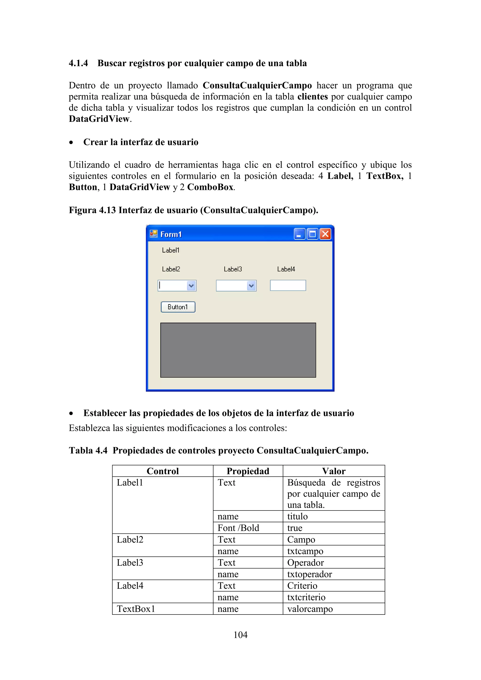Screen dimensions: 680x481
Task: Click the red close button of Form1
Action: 325,234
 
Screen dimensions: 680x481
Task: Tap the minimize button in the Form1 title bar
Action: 299,234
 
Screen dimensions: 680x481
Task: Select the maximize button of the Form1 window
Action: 312,234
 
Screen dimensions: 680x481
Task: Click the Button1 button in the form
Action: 178,307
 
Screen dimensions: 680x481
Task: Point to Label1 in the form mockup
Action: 171,250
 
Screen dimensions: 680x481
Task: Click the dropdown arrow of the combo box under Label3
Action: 252,286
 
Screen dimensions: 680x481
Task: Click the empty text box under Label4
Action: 288,286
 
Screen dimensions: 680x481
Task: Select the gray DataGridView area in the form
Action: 238,350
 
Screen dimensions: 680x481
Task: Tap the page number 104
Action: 240,635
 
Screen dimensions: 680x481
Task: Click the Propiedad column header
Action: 248,471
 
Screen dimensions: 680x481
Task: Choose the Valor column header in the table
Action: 334,471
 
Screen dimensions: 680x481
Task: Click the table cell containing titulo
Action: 298,517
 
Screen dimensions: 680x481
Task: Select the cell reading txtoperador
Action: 310,574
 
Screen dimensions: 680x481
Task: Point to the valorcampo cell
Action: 310,609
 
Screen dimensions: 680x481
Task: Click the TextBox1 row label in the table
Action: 136,609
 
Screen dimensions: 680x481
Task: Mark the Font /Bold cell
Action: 238,528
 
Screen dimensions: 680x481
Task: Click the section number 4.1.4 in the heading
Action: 78,63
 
